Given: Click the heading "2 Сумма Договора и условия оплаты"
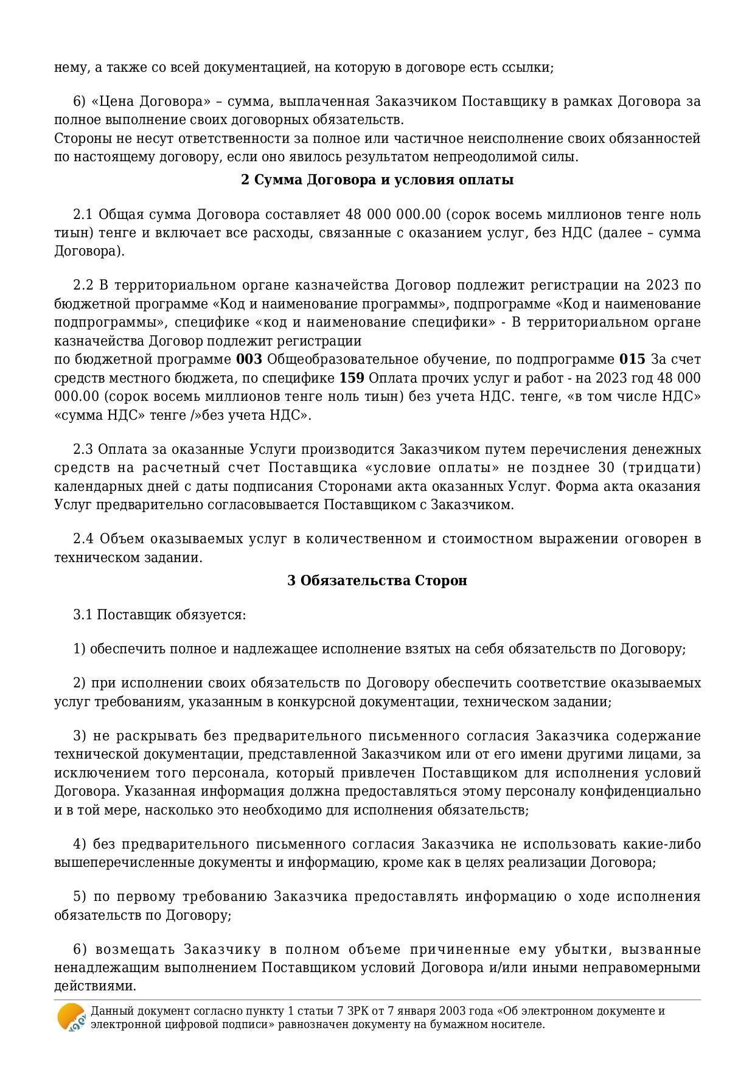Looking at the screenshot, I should pos(377,180).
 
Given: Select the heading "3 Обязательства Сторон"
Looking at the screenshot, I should pos(377,580).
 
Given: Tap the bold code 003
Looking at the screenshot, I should pos(249,360).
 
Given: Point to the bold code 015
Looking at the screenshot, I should pos(632,360).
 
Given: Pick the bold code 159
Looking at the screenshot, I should pos(352,378).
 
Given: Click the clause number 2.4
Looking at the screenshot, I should pos(83,539).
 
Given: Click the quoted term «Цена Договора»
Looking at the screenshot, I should pos(142,101).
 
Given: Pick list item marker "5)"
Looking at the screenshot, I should pos(80,897).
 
